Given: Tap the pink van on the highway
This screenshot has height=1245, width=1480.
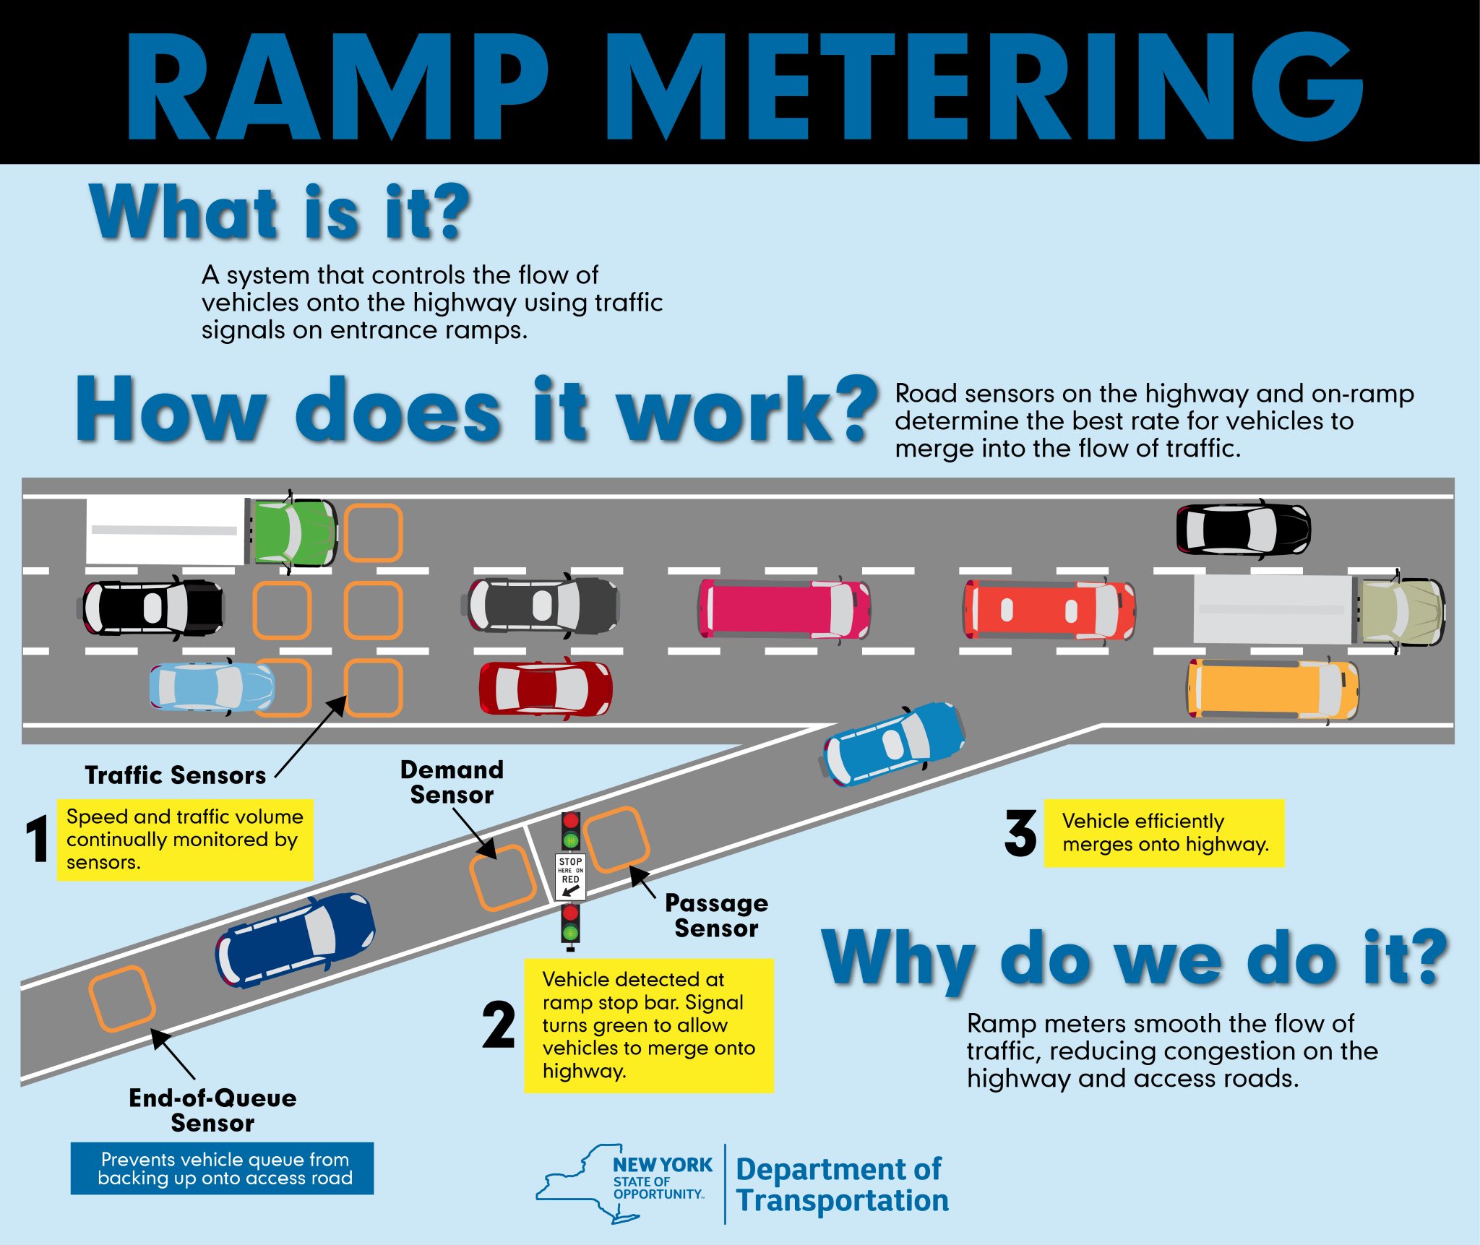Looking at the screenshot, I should click(783, 609).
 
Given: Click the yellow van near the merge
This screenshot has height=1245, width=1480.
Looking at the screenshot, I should click(1272, 689).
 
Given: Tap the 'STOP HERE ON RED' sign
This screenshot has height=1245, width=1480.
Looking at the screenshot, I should click(570, 876).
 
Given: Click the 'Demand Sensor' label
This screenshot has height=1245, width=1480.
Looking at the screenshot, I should click(452, 782).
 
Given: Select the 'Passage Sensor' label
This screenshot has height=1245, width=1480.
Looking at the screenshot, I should click(715, 916).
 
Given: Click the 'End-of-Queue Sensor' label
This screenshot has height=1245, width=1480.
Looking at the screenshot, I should click(212, 1110).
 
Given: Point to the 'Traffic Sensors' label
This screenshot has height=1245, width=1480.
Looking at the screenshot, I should click(176, 775).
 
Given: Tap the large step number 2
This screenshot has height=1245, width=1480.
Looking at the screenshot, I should click(499, 1025).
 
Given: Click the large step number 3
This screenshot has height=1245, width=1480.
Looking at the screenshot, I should click(1020, 833).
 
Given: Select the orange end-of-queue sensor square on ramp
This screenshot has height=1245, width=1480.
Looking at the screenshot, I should click(121, 999).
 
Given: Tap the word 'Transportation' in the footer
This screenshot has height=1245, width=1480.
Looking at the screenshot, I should click(842, 1200).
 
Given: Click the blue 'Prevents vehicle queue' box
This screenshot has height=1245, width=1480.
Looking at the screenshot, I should click(222, 1168).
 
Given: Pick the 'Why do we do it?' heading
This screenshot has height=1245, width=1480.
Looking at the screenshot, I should click(1135, 960).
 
